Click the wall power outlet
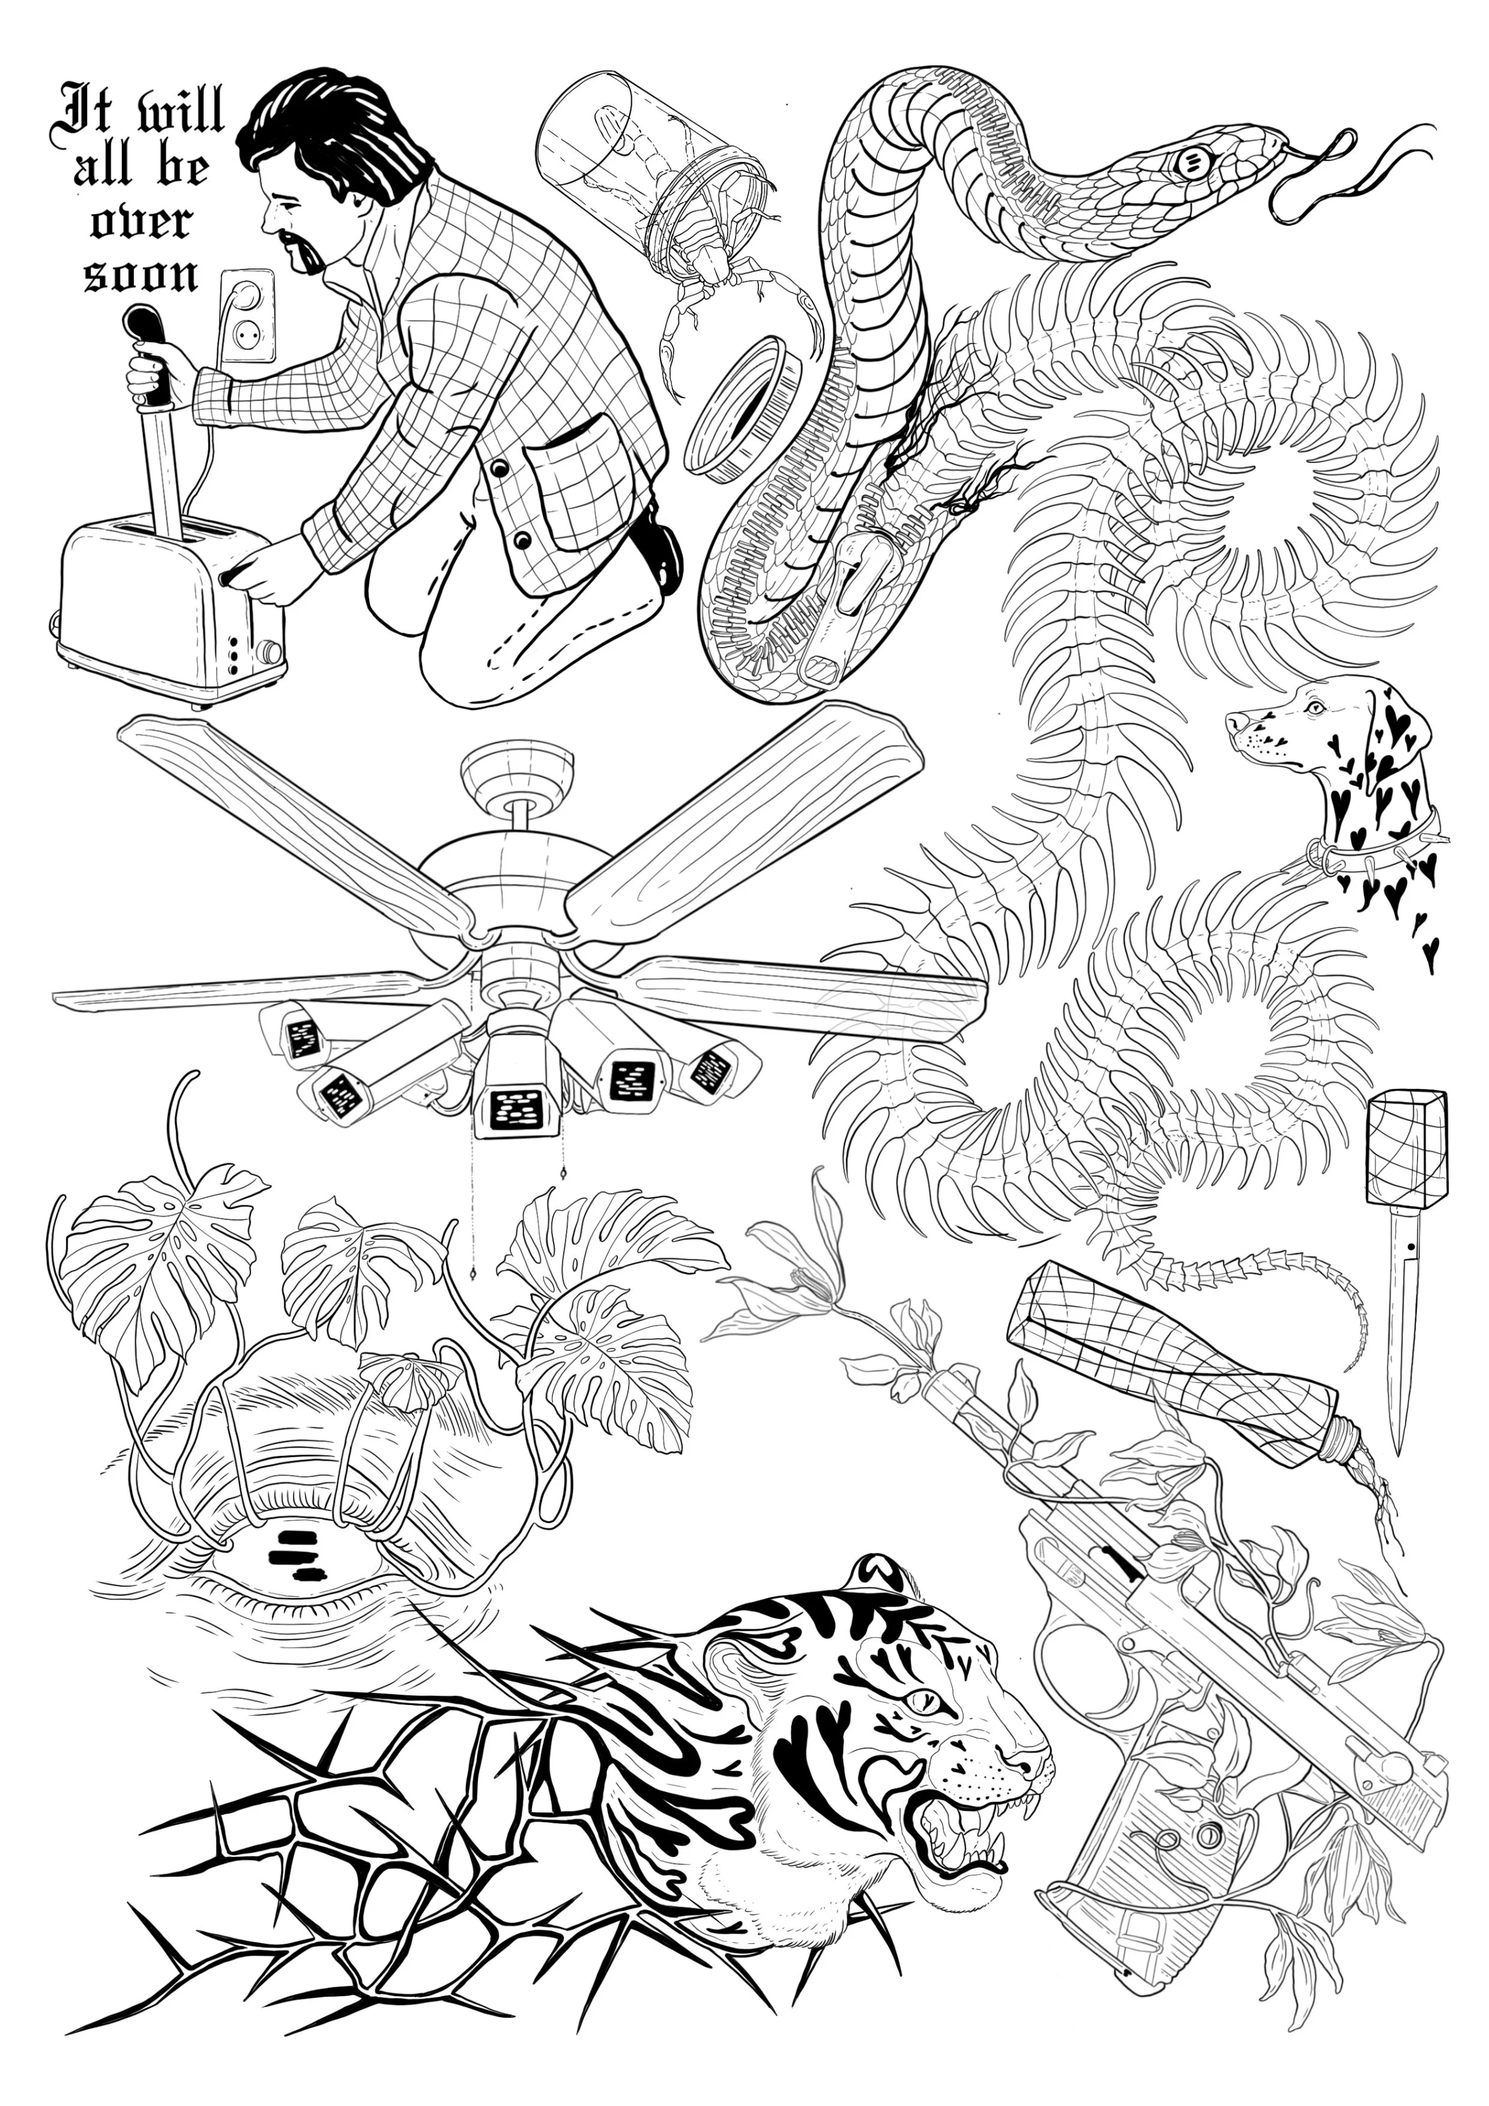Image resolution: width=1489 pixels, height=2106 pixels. [246, 316]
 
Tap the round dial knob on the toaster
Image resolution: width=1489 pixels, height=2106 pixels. [270, 651]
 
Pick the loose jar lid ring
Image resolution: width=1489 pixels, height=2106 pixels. [745, 408]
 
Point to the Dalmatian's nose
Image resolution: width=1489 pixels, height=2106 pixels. [1233, 721]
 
